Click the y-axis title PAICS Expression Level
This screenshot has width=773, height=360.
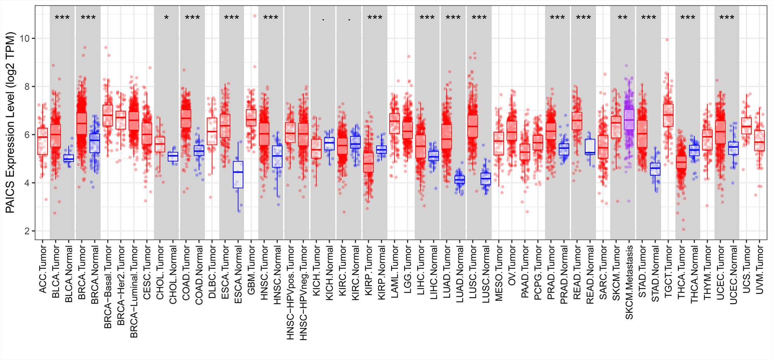click(10, 123)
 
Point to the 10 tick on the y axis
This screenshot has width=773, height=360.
click(27, 38)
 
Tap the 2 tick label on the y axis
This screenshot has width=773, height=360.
click(27, 231)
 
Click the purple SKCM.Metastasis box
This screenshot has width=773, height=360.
click(629, 120)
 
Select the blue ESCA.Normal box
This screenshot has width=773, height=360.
click(238, 175)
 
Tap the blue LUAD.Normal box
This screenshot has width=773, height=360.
click(460, 180)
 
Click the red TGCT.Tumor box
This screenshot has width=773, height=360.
click(668, 115)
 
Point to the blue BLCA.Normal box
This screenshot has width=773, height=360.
click(69, 158)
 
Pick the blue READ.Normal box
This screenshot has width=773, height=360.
click(590, 147)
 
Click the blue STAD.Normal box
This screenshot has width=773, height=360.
click(655, 169)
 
